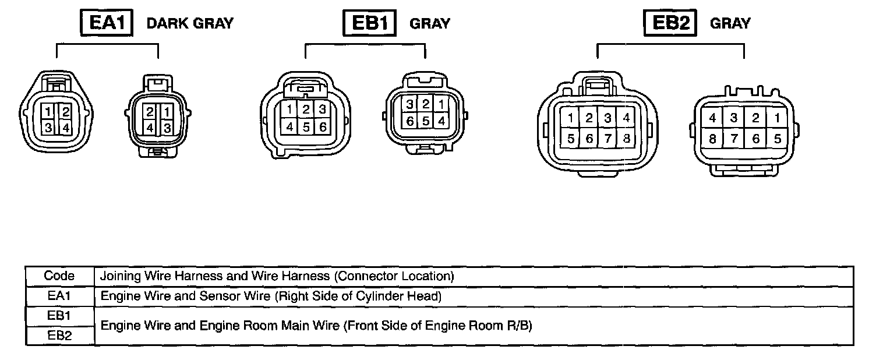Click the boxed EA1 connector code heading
(x=107, y=23)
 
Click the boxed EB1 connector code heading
(x=369, y=23)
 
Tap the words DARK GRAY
(x=190, y=23)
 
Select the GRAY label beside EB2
(x=730, y=23)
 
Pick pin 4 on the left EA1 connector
(x=65, y=127)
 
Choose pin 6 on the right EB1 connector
(x=409, y=121)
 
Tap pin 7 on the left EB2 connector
(x=607, y=139)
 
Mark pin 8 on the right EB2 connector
(x=712, y=139)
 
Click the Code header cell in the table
(x=59, y=276)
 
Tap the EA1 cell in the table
(x=59, y=296)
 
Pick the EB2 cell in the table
(x=59, y=335)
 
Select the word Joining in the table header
(x=119, y=276)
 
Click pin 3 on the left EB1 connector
(x=321, y=108)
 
